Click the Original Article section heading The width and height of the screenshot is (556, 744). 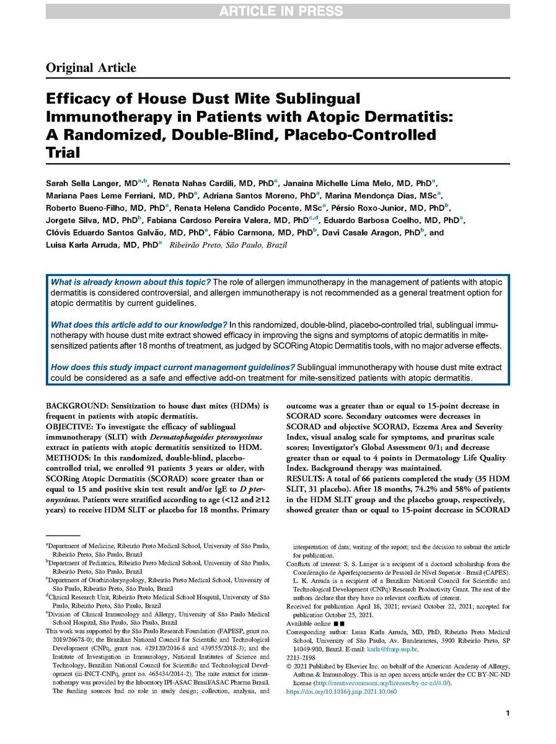tap(90, 68)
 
